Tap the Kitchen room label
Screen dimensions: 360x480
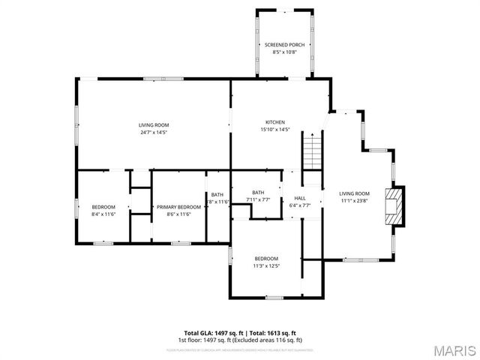[x=275, y=122]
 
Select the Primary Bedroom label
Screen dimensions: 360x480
[x=178, y=207]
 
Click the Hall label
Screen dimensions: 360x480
[x=300, y=198]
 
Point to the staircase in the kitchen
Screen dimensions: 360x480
[x=312, y=150]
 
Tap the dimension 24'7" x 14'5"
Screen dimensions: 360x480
[x=154, y=132]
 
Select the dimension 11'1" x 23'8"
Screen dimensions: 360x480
[x=355, y=200]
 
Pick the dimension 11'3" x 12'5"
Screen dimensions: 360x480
[x=265, y=265]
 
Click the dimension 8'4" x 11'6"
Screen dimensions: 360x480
[x=103, y=214]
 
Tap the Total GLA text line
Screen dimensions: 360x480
[x=240, y=333]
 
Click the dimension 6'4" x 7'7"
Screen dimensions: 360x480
[x=300, y=205]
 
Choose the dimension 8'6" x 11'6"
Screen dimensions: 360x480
[x=178, y=214]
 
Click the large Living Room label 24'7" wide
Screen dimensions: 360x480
[x=154, y=124]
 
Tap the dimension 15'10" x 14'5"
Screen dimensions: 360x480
[x=275, y=130]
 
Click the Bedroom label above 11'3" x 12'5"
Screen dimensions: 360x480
[x=265, y=259]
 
